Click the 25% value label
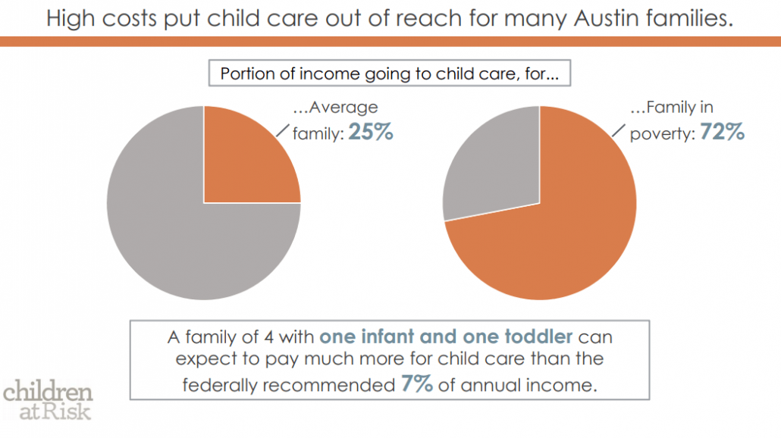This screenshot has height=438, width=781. (x=371, y=132)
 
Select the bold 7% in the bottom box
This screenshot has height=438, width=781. (x=416, y=383)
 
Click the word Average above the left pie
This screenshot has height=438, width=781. (x=343, y=108)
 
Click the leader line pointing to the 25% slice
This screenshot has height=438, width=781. (x=283, y=130)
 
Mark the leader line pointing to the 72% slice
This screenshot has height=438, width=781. (x=619, y=130)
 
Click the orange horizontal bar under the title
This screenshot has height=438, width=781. (x=390, y=42)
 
